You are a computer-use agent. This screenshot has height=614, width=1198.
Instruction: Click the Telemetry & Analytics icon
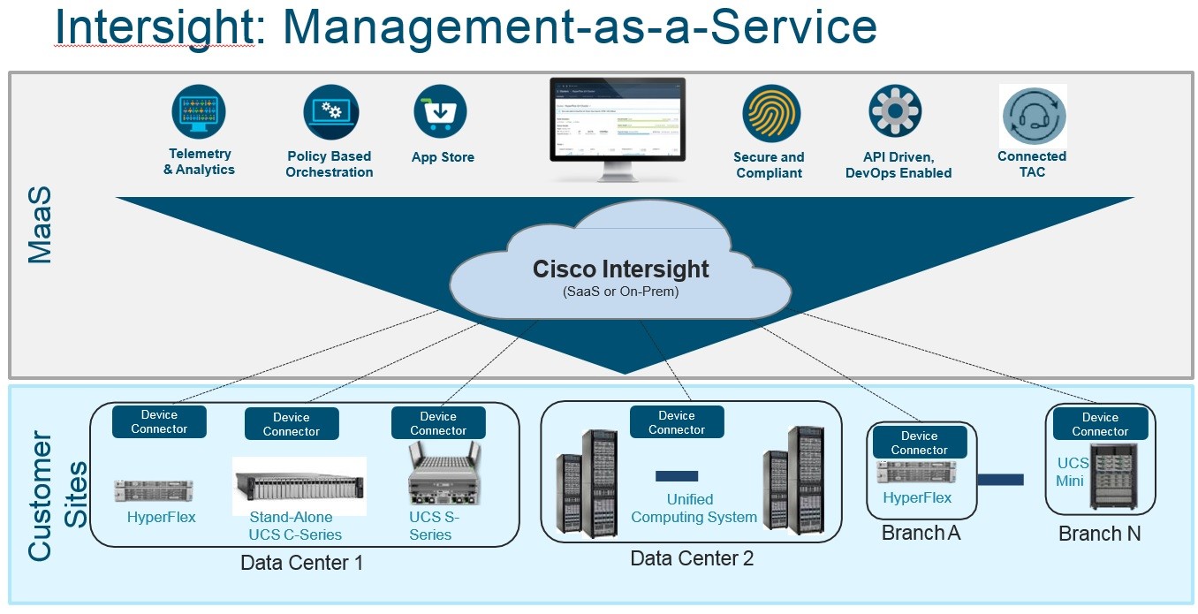pyautogui.click(x=199, y=111)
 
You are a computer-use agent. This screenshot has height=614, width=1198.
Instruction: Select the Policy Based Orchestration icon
pyautogui.click(x=330, y=112)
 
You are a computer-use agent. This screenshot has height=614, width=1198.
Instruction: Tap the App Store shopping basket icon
pyautogui.click(x=440, y=111)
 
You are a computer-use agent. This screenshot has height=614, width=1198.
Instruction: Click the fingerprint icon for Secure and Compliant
pyautogui.click(x=770, y=112)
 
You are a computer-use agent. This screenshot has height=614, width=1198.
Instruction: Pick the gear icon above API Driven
pyautogui.click(x=895, y=111)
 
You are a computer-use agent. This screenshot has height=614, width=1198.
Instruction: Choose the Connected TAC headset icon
pyautogui.click(x=1034, y=117)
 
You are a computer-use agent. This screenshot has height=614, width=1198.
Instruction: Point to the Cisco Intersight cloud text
pyautogui.click(x=620, y=269)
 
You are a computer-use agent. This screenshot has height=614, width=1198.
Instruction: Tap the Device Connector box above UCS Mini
pyautogui.click(x=1100, y=424)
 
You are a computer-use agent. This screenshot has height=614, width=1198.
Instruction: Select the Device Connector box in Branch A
pyautogui.click(x=919, y=443)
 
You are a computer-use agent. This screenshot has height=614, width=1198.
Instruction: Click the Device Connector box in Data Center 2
pyautogui.click(x=677, y=422)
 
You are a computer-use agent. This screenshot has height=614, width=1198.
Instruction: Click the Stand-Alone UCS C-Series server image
pyautogui.click(x=299, y=484)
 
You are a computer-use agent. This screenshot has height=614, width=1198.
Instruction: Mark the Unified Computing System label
pyautogui.click(x=694, y=508)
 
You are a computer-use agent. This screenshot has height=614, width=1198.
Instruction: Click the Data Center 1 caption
pyautogui.click(x=301, y=563)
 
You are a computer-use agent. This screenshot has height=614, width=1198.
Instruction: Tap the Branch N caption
pyautogui.click(x=1099, y=534)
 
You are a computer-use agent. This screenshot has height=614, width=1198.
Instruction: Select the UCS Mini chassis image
pyautogui.click(x=1112, y=476)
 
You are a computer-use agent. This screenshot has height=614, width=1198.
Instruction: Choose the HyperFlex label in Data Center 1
pyautogui.click(x=161, y=517)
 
